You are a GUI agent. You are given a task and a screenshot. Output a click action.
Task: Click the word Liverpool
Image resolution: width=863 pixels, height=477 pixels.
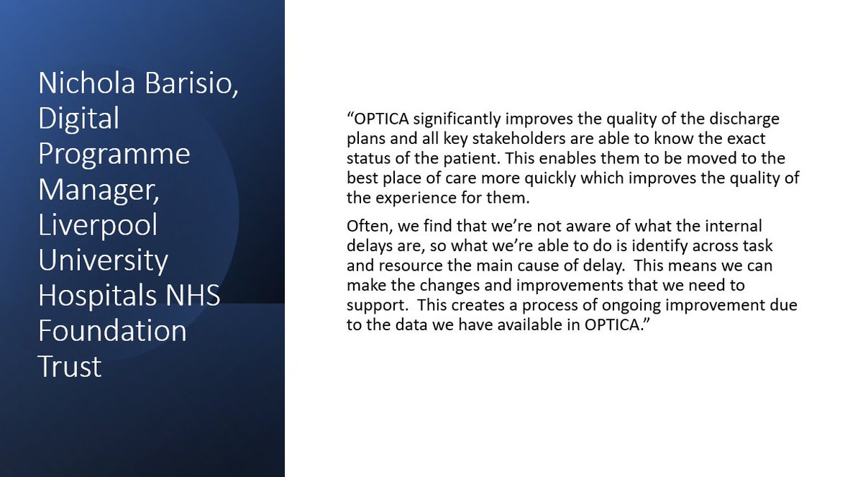[98, 224]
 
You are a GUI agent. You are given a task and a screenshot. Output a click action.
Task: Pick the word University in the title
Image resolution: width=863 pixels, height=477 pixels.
[103, 260]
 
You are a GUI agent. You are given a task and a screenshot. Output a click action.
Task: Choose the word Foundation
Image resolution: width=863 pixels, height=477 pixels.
[113, 331]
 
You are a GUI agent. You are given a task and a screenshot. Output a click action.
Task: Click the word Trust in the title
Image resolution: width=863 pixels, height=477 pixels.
[70, 366]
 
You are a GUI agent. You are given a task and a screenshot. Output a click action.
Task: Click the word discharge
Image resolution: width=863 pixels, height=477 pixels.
[743, 118]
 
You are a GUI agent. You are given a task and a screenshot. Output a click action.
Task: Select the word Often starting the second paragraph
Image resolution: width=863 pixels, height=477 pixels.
[362, 227]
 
